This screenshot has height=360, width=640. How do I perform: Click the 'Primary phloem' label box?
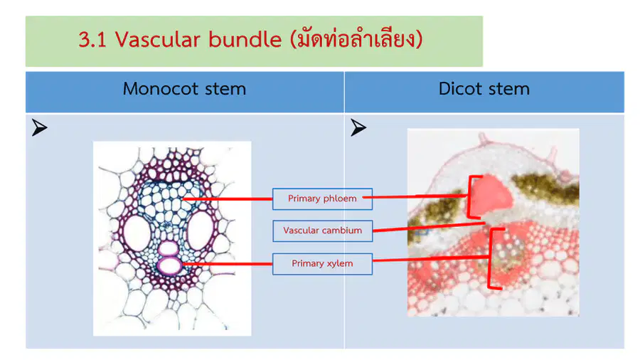click(322, 198)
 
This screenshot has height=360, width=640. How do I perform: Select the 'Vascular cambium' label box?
click(322, 231)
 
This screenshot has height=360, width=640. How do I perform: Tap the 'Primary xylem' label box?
click(322, 264)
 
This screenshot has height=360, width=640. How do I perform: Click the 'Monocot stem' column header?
click(184, 89)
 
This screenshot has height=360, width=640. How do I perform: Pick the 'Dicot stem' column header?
click(484, 89)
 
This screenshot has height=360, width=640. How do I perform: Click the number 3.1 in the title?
click(92, 40)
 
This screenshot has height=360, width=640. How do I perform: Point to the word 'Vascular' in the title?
click(158, 40)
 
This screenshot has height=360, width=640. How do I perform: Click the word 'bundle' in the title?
click(245, 40)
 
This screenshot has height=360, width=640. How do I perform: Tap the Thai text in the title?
click(356, 39)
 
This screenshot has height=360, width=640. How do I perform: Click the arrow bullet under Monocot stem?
click(39, 128)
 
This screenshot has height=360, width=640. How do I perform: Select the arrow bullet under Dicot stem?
click(358, 128)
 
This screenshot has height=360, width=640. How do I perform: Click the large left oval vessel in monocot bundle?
click(137, 233)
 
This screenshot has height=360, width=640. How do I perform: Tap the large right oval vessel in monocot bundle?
click(201, 231)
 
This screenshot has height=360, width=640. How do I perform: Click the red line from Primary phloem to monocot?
click(228, 199)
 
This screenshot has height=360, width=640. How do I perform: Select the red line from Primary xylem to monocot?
click(228, 264)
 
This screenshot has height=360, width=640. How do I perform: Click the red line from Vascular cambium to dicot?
click(429, 227)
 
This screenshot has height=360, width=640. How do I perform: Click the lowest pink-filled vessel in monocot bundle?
click(169, 266)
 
